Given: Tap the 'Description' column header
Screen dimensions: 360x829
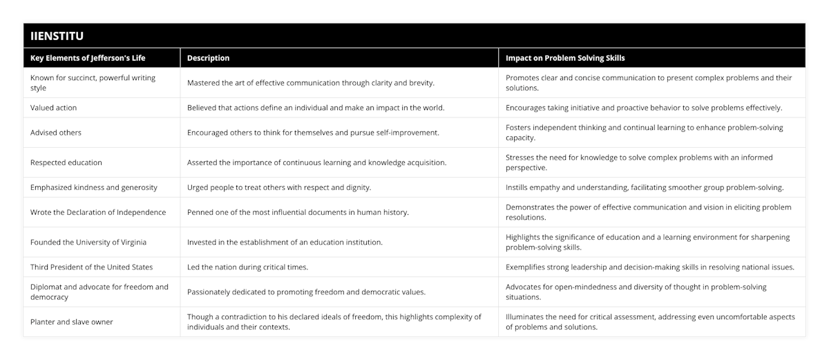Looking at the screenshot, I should pos(208,58).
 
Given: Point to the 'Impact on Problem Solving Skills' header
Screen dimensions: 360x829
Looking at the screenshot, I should pos(566,58).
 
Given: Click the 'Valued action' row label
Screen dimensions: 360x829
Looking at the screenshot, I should pos(54,108).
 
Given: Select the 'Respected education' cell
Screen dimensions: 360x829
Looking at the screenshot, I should pos(66,162).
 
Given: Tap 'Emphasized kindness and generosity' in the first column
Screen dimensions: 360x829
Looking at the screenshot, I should pos(93,187).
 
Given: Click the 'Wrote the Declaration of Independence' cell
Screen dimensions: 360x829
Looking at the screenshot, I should pos(98,212).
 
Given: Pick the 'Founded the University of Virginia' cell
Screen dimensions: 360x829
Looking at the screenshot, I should pos(88,242).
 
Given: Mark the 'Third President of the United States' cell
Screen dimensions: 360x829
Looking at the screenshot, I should pos(92,267).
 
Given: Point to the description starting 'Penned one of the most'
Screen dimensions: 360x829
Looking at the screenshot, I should pos(298,212).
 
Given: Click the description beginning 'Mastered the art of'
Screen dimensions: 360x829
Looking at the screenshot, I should pos(311,83).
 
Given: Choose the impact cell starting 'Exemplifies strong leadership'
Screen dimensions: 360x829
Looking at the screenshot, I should pos(649,267).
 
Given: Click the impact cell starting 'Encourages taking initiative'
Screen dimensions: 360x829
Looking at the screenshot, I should pos(644,108).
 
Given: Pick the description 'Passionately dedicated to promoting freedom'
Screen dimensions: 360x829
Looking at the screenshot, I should pos(306,292).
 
